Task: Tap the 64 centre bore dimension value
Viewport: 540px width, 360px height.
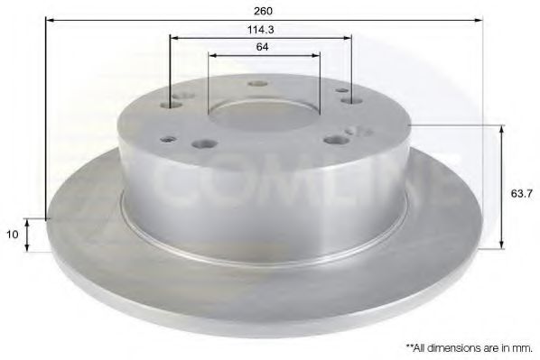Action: coord(261,46)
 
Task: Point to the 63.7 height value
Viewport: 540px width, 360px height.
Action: coord(518,191)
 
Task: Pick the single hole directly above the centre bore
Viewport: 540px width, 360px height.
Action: coord(259,84)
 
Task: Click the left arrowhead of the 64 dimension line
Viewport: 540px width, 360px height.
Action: coord(213,55)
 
